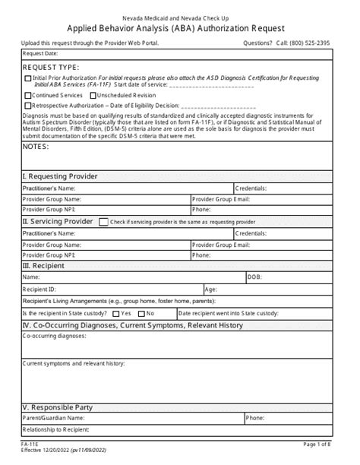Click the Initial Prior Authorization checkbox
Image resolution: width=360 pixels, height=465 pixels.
[x=28, y=78]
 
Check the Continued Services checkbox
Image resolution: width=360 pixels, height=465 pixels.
[x=28, y=95]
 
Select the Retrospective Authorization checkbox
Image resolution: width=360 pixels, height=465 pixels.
[x=28, y=105]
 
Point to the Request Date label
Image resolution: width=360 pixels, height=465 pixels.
[x=39, y=54]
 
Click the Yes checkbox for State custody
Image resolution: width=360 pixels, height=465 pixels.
[x=115, y=313]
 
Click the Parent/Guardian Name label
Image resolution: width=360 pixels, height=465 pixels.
[x=53, y=418]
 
